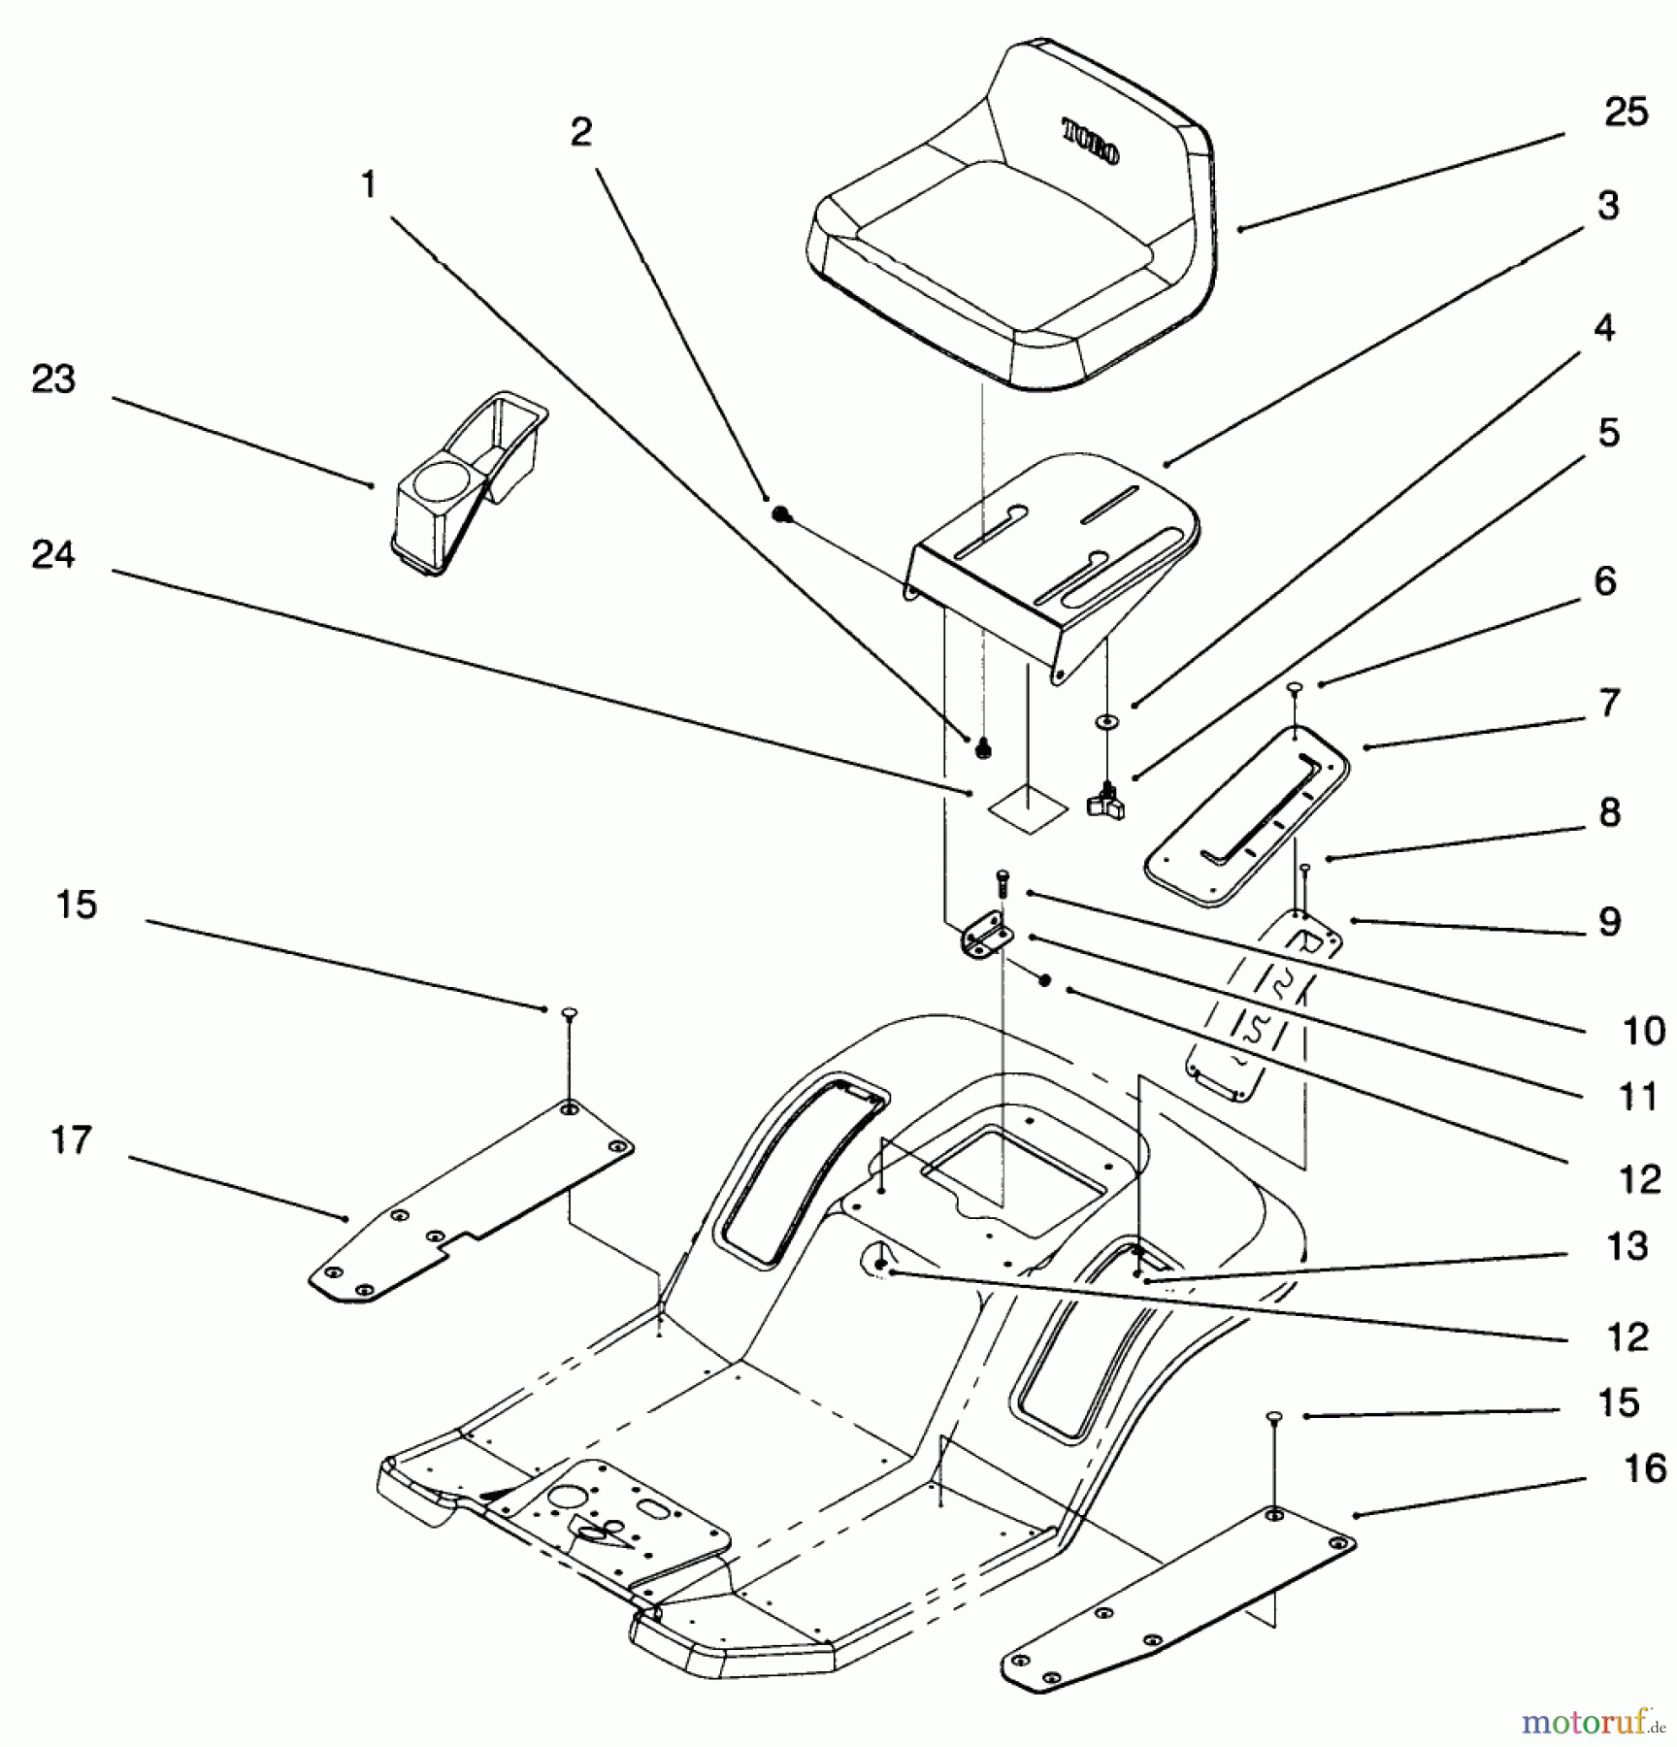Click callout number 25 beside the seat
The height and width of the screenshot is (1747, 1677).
pos(1626,113)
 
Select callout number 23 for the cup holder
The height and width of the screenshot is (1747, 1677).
pos(52,379)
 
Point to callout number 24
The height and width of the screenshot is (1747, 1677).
pos(52,555)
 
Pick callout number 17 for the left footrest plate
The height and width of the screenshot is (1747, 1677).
pos(71,1140)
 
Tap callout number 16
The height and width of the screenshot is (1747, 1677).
pos(1644,1468)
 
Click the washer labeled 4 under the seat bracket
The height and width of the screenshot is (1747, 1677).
pos(1105,721)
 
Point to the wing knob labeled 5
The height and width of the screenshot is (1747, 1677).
pos(1105,802)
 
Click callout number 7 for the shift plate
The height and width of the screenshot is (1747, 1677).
pos(1608,703)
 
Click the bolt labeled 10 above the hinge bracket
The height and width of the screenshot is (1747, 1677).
pos(1002,882)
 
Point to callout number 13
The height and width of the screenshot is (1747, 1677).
pos(1627,1246)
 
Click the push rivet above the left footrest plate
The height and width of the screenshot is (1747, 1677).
pos(570,1013)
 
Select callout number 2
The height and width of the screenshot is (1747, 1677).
pos(580,133)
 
